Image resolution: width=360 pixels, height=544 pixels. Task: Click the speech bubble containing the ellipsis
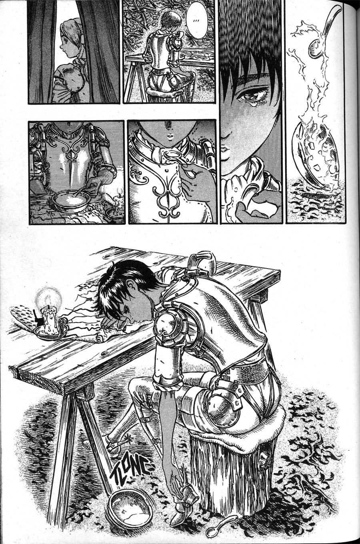pos(196,20)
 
